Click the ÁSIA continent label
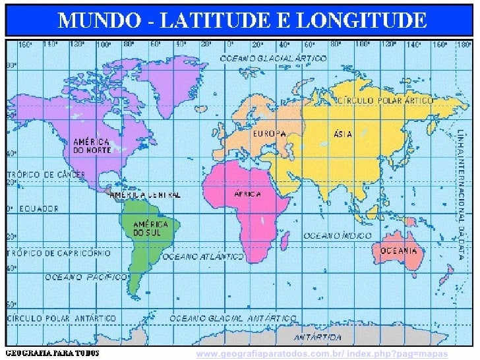343,134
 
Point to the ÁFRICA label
248,194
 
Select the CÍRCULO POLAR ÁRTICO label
386,101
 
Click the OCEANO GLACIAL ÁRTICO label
272,58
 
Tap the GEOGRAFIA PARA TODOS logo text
53,353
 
